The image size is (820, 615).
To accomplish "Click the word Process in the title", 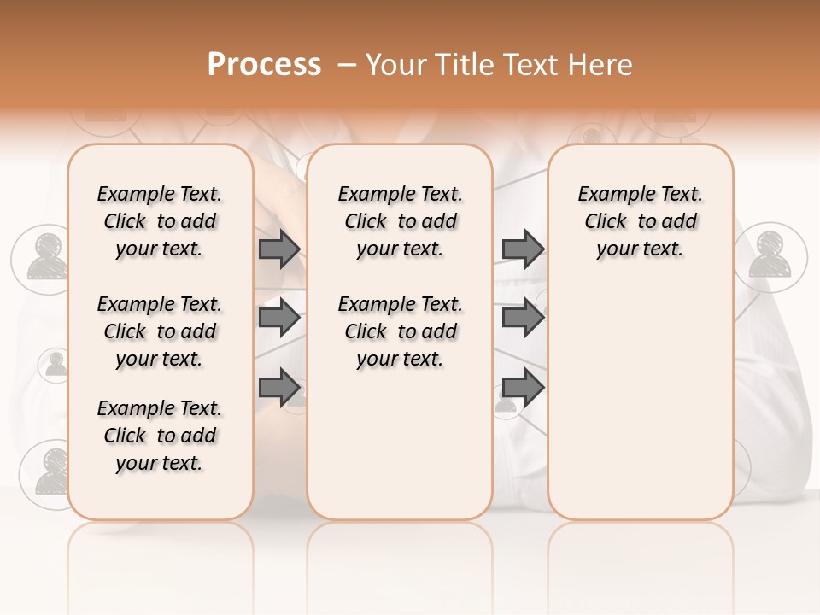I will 264,65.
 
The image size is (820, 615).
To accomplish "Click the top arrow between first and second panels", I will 279,249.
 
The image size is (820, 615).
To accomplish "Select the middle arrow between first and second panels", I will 279,318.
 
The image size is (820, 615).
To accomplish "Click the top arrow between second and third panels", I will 523,249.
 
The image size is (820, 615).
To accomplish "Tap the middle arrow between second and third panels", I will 523,318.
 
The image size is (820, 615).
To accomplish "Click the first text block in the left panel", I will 160,221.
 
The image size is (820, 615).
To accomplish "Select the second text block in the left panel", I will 160,331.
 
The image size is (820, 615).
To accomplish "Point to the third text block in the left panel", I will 160,436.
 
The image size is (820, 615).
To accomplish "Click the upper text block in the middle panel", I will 400,221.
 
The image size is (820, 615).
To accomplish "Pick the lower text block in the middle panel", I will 400,331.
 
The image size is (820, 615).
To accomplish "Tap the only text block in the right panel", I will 640,221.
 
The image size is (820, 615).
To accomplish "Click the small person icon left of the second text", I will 56,365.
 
